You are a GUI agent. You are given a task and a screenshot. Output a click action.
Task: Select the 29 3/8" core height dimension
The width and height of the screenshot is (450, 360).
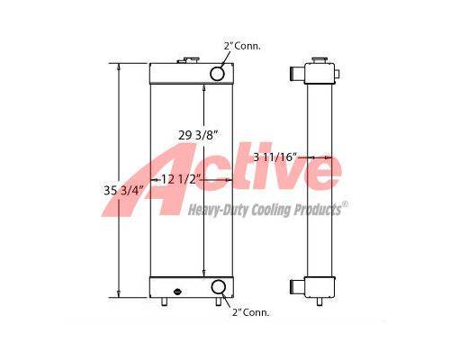point(197,135)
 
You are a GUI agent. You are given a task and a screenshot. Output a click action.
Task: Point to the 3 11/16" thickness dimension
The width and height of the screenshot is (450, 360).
point(275,157)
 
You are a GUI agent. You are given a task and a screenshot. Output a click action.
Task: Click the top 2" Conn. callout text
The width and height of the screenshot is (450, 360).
point(242,46)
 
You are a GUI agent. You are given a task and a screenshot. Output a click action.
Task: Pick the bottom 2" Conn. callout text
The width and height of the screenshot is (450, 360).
point(251,312)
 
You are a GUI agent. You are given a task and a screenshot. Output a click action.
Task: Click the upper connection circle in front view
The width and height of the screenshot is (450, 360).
point(217,74)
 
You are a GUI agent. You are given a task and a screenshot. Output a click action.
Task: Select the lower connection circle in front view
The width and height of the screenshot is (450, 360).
point(219,287)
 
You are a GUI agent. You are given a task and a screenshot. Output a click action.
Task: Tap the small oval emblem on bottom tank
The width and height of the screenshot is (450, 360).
point(178,291)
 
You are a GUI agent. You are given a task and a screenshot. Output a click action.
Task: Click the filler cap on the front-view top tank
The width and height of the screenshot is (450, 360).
point(187,61)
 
